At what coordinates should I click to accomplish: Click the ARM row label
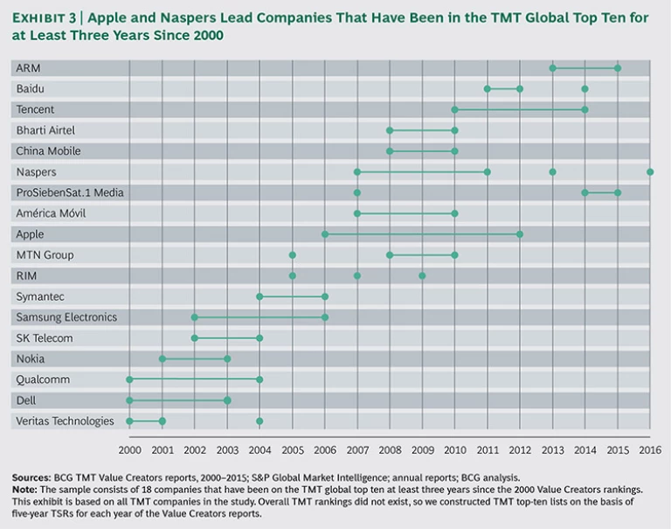[28, 68]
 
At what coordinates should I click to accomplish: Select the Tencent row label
[35, 109]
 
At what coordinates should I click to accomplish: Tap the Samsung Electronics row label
[66, 317]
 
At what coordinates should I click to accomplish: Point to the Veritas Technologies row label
[65, 421]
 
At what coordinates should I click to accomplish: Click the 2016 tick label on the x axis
[650, 448]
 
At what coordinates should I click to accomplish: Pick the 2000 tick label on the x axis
[129, 448]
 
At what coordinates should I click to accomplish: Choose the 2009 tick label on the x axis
[422, 448]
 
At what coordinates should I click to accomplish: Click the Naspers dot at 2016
[650, 172]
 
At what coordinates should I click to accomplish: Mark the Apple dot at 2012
[520, 234]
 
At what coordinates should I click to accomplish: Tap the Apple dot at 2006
[325, 234]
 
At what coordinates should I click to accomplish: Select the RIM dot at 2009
[422, 276]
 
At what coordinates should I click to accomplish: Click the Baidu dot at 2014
[585, 89]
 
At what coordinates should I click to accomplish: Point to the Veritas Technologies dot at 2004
[259, 421]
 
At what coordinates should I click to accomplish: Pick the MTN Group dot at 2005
[292, 255]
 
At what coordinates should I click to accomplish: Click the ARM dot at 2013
[552, 68]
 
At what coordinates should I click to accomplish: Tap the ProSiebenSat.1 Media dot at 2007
[356, 193]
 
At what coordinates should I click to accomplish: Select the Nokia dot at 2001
[163, 358]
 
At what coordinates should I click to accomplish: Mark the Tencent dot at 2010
[454, 109]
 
